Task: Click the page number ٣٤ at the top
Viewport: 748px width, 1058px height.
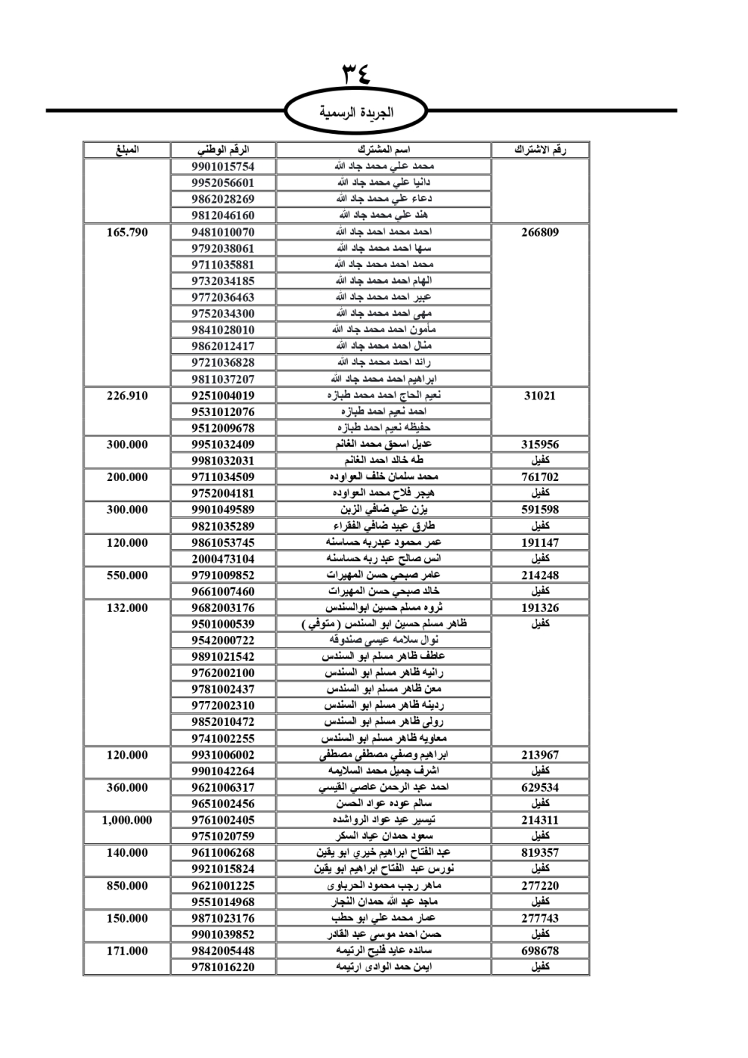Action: tap(356, 74)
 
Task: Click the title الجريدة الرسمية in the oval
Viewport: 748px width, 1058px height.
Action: tap(356, 112)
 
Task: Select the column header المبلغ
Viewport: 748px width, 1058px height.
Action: tap(127, 150)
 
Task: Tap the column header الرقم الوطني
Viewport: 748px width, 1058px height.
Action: tap(223, 150)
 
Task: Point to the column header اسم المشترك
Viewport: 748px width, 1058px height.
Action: tap(384, 150)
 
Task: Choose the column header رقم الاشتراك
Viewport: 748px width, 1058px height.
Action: tap(539, 150)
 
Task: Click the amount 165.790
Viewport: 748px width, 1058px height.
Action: tap(127, 232)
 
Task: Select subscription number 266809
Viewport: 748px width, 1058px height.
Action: tap(539, 232)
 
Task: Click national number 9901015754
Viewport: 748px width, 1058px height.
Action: tap(223, 166)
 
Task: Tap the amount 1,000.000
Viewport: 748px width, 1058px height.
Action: tap(127, 820)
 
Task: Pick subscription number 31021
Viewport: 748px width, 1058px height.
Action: tap(539, 396)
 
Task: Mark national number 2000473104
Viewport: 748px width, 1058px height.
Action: tap(223, 559)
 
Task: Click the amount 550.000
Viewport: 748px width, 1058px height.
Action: tap(127, 575)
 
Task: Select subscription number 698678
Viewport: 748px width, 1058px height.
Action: tap(539, 951)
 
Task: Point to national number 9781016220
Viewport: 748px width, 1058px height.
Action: tap(223, 967)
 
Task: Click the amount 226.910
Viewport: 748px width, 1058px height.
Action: tap(127, 396)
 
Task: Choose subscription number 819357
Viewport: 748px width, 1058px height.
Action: tap(539, 852)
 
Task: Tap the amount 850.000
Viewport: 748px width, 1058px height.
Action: tap(127, 885)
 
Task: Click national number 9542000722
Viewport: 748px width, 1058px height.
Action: tap(223, 640)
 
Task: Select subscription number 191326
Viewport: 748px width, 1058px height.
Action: tap(539, 608)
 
